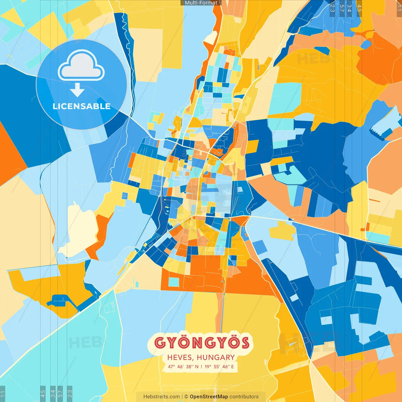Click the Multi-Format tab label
click(x=201, y=3)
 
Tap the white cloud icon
click(x=81, y=66)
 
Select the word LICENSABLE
click(x=81, y=106)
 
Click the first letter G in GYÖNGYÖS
click(x=160, y=343)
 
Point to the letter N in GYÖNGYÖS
click(x=196, y=343)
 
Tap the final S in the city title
click(x=244, y=343)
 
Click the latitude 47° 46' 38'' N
click(x=183, y=367)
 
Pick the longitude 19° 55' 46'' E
click(x=219, y=367)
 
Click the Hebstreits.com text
click(x=161, y=397)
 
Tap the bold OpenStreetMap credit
click(x=209, y=397)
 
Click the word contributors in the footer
click(x=244, y=397)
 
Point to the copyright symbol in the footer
click(x=186, y=397)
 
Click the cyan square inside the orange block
click(x=174, y=282)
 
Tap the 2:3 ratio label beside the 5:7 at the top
click(x=332, y=7)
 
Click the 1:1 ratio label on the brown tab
click(x=399, y=6)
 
